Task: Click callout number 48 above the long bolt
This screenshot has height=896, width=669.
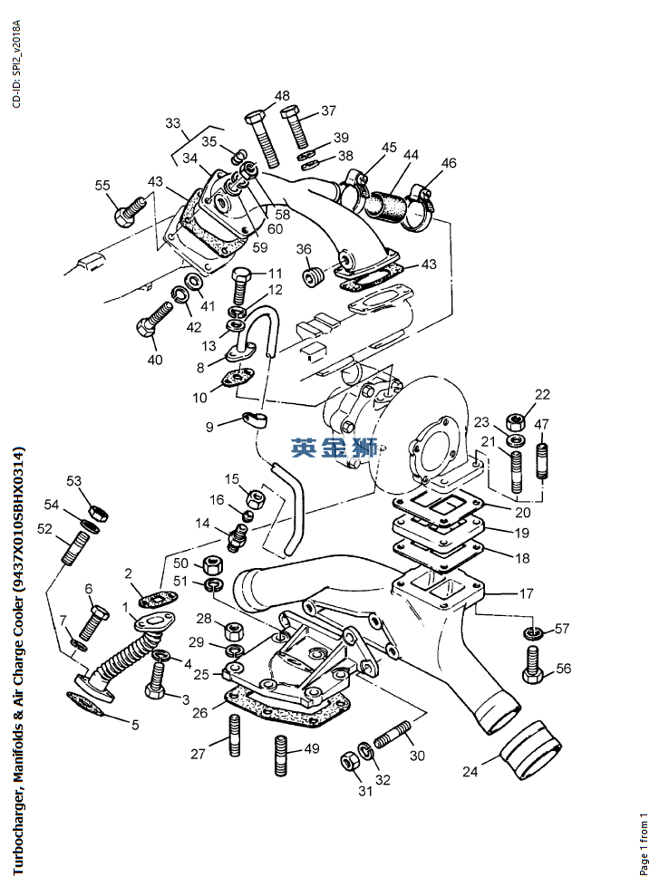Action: [282, 96]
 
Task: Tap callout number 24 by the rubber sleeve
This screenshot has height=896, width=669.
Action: [470, 772]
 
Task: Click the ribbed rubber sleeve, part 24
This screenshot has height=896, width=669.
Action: [532, 747]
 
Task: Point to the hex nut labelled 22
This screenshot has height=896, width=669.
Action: [516, 421]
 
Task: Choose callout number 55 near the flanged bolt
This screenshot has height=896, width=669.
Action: [102, 186]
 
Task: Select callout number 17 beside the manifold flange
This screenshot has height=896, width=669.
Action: [525, 594]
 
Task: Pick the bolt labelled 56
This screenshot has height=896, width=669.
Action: [533, 667]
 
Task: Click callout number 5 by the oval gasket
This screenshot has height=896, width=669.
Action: [135, 724]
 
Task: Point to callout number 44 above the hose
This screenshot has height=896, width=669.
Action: [411, 156]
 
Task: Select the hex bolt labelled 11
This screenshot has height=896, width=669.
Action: [240, 284]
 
